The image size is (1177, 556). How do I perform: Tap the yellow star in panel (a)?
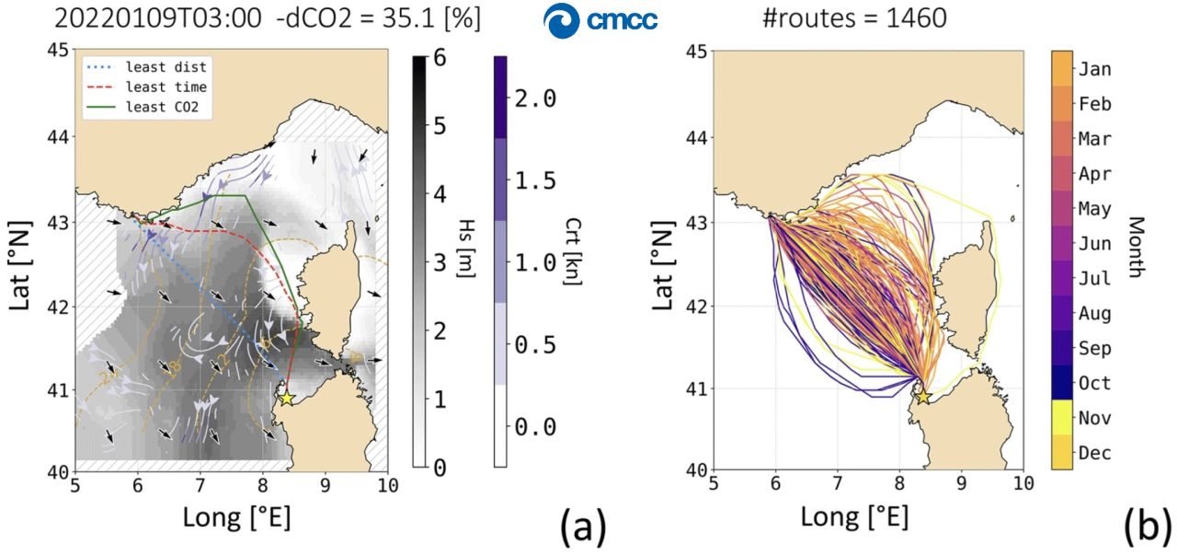coord(286,399)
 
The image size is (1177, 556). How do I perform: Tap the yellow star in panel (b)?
coord(924,398)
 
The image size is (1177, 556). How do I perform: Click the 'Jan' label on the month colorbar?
coord(1094,70)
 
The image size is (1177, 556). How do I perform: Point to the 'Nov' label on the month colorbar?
coord(1094,418)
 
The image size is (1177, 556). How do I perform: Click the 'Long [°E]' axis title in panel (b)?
coord(854,517)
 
